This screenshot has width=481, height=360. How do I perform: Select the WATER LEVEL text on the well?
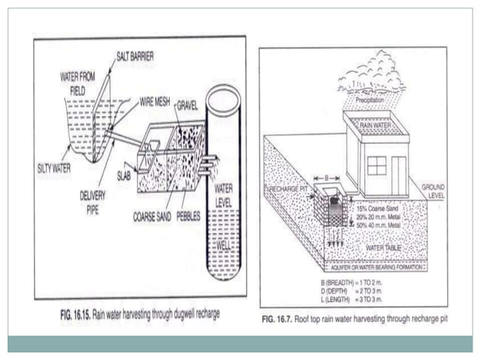click(x=225, y=195)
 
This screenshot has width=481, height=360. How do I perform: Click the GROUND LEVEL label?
click(x=434, y=191)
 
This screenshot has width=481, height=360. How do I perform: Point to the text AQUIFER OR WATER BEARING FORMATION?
click(x=374, y=267)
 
